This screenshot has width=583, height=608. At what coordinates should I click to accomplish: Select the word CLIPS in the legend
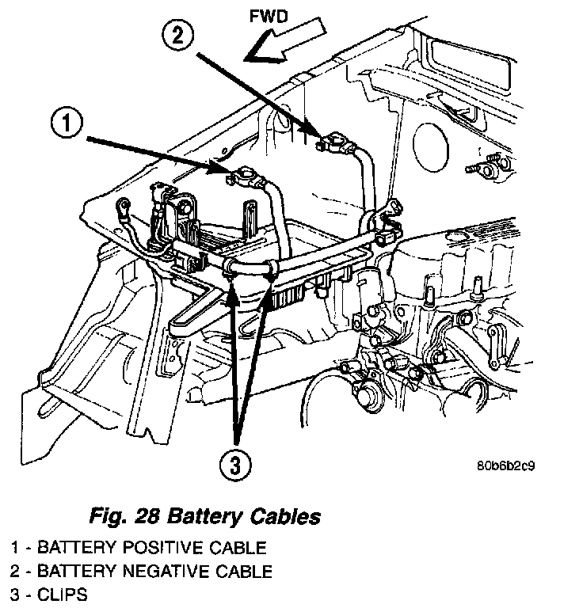[60, 595]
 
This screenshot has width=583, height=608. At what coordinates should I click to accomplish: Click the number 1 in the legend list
[13, 547]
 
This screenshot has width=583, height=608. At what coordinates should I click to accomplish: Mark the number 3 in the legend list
[14, 595]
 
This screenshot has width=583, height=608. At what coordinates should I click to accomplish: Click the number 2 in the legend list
[14, 571]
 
